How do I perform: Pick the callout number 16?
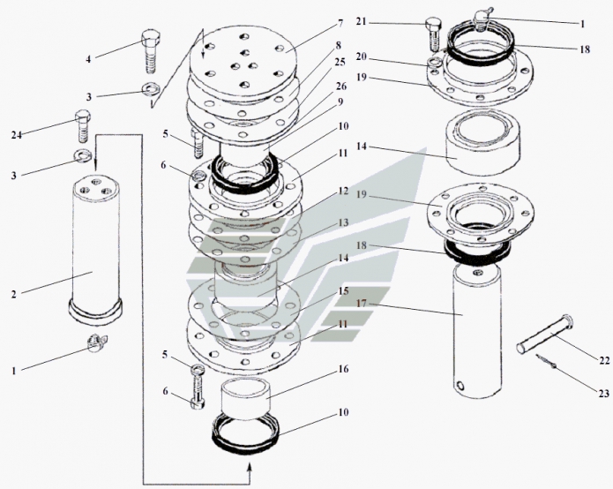coord(343,368)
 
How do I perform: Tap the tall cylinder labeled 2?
coord(94,247)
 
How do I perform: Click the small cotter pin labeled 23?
coord(546,362)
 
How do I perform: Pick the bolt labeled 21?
coord(433,34)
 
